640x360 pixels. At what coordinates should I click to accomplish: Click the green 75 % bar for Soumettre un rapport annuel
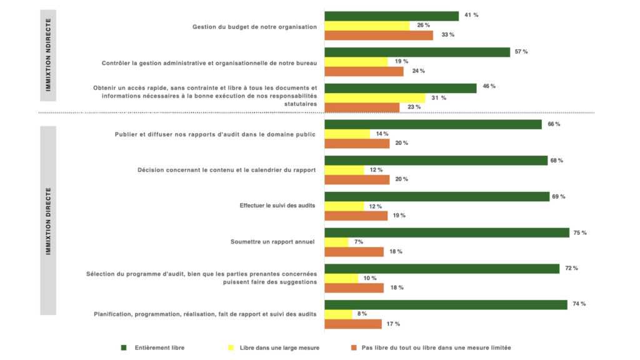coord(447,232)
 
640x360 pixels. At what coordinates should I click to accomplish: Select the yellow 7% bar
coord(336,242)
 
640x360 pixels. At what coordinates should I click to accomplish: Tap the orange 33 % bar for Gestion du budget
coord(379,35)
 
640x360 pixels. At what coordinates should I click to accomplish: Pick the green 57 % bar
coord(417,52)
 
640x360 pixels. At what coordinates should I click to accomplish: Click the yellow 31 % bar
coord(375,98)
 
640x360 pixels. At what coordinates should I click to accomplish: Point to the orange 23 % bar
coord(362,107)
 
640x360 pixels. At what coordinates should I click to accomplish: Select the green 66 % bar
coord(433,124)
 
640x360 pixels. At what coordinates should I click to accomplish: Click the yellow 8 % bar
coord(338,314)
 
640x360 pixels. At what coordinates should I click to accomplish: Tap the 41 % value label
coord(471,15)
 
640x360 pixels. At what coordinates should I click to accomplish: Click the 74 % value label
coord(579,304)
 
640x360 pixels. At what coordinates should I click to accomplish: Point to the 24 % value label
coord(418,71)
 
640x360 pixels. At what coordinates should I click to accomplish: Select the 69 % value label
coord(559,196)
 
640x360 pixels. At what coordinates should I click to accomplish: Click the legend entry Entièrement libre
coord(159,347)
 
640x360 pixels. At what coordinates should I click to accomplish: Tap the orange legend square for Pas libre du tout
coord(353,347)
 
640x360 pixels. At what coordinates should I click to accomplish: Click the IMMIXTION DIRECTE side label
coord(48,221)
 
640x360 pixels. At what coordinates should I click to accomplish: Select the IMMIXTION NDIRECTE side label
coord(48,55)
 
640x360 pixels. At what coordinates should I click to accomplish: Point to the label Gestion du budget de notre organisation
coord(254,26)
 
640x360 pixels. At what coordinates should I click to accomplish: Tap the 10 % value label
coord(369,278)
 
